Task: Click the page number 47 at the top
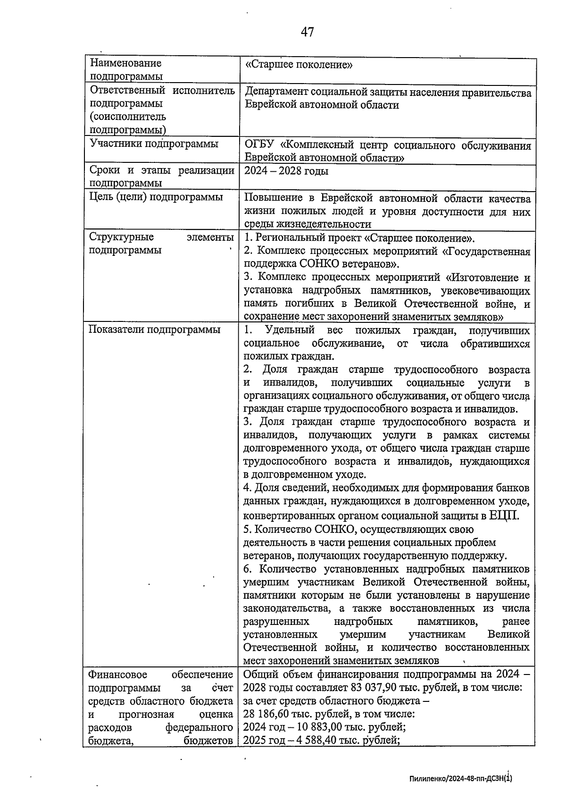(307, 32)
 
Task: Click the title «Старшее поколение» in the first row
(299, 65)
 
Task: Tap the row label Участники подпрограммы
(154, 144)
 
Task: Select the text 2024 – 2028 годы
(286, 171)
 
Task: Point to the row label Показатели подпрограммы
(154, 329)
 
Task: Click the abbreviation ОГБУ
(259, 145)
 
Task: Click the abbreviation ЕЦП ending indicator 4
(503, 515)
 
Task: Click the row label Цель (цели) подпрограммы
(156, 197)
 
